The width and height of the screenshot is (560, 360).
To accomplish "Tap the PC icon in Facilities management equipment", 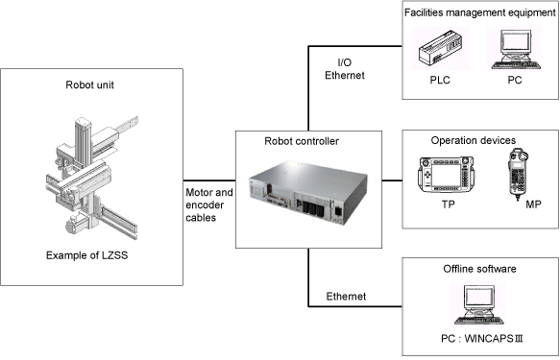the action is pyautogui.click(x=516, y=49).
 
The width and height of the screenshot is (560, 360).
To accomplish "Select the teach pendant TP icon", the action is pyautogui.click(x=446, y=175).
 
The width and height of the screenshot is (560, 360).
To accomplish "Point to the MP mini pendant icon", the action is pyautogui.click(x=518, y=175).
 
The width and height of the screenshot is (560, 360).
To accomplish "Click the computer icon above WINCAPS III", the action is pyautogui.click(x=477, y=304).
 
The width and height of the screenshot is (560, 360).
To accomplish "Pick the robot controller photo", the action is pyautogui.click(x=308, y=192).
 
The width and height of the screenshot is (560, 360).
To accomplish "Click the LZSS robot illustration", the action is pyautogui.click(x=92, y=178).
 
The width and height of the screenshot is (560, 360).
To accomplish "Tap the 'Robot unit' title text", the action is pyautogui.click(x=89, y=84).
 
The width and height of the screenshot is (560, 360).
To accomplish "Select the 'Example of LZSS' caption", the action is pyautogui.click(x=86, y=255).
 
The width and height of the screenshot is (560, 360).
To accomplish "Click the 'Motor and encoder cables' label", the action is pyautogui.click(x=209, y=204).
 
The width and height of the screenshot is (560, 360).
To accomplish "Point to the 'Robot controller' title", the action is pyautogui.click(x=302, y=141).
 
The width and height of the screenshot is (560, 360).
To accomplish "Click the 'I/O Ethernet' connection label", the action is pyautogui.click(x=345, y=69).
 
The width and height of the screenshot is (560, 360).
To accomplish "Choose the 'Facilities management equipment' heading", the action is pyautogui.click(x=480, y=12).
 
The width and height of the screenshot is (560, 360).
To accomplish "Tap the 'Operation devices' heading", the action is pyautogui.click(x=474, y=140).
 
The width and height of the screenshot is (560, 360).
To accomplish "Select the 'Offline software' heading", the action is pyautogui.click(x=479, y=269).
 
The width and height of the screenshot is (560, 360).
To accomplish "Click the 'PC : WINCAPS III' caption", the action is pyautogui.click(x=482, y=338).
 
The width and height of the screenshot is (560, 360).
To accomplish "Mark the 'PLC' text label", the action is pyautogui.click(x=440, y=80).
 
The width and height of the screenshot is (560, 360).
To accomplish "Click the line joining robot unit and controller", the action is pyautogui.click(x=209, y=180).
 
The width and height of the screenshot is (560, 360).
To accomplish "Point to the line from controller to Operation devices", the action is pyautogui.click(x=392, y=180).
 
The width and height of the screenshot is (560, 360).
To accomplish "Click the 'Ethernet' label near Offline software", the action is pyautogui.click(x=346, y=296).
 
